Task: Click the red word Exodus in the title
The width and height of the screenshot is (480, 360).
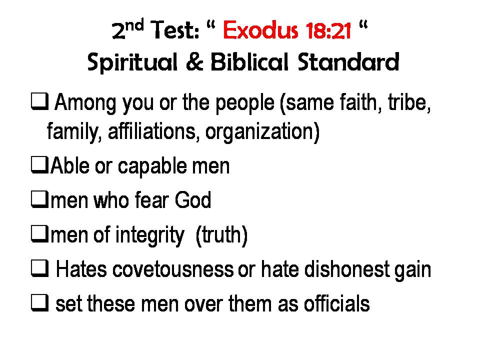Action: [260, 30]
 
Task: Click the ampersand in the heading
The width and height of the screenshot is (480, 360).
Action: [194, 62]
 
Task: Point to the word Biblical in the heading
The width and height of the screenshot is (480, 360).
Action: [249, 61]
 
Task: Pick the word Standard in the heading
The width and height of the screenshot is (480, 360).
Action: [348, 61]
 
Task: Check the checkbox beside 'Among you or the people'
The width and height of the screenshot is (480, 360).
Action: [40, 101]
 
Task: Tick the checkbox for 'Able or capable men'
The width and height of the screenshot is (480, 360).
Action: [40, 165]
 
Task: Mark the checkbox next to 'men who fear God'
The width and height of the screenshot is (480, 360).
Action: [40, 199]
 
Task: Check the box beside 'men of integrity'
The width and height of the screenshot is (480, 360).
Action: [40, 234]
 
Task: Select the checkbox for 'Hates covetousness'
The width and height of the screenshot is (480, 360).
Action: [40, 268]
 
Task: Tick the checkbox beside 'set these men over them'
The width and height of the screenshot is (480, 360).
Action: [40, 303]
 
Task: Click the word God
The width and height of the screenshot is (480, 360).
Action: [193, 200]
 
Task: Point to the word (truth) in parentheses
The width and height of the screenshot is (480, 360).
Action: [221, 235]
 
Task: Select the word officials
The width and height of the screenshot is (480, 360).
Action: [336, 303]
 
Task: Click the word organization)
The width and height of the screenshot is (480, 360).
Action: [262, 131]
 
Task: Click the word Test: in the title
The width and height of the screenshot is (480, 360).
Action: [175, 30]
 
